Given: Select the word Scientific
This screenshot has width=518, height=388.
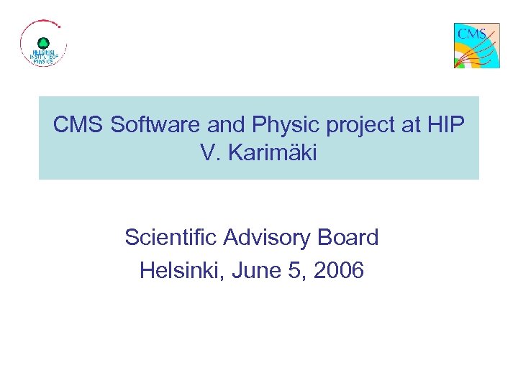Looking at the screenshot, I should click(171, 238).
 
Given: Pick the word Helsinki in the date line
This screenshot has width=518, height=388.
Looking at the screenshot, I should click(181, 271).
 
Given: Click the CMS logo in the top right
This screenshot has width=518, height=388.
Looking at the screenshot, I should click(476, 45).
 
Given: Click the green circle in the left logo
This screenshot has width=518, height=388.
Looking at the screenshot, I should click(43, 43).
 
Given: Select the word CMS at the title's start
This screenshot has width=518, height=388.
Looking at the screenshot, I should click(78, 126).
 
